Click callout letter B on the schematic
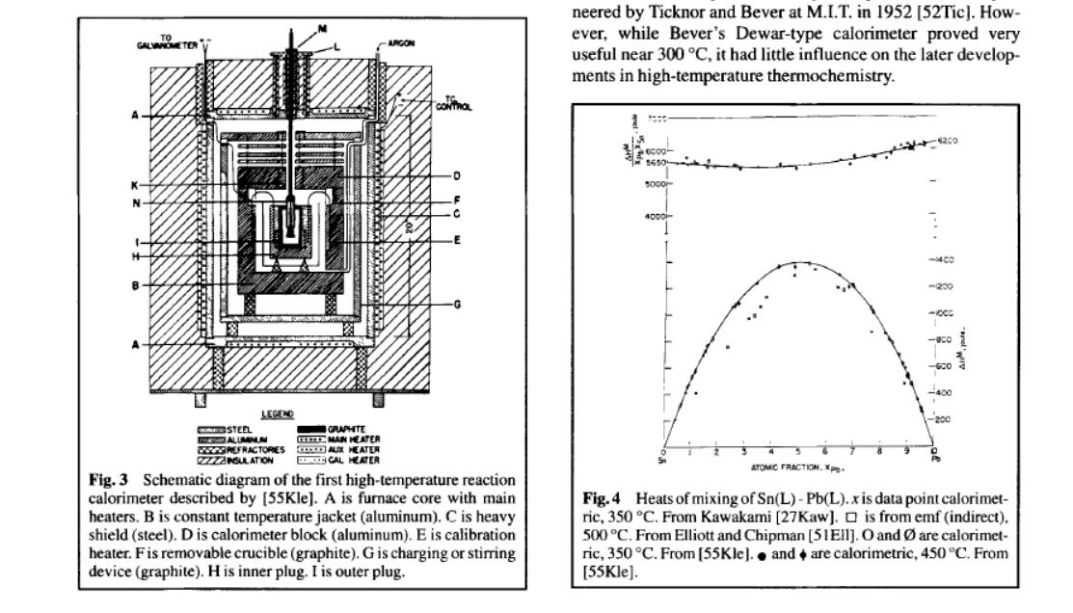click(x=138, y=286)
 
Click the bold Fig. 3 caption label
click(x=103, y=480)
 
